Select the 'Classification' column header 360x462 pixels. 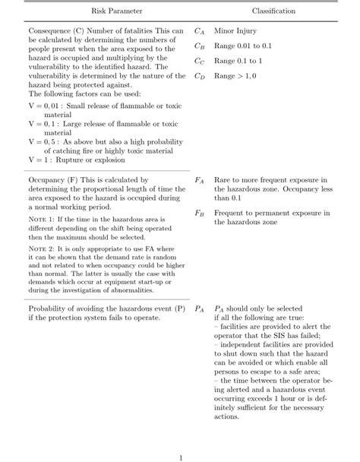point(273,11)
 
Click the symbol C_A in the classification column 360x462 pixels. point(199,31)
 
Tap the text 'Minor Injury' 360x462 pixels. point(235,31)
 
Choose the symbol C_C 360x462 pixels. point(199,62)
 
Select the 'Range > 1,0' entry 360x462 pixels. point(235,76)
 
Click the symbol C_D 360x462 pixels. point(199,76)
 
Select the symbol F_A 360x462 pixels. point(199,180)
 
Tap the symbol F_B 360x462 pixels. point(199,214)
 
